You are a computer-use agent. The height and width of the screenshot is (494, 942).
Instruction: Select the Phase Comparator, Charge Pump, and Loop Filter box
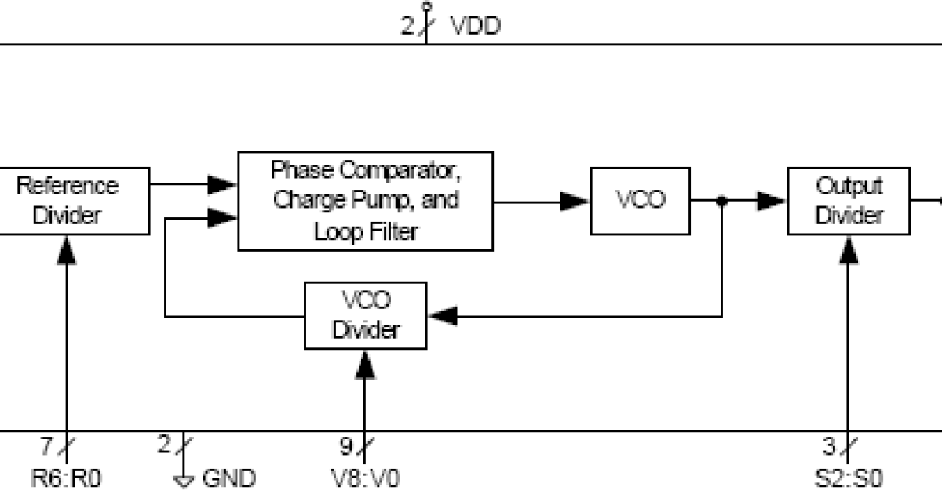[x=365, y=201]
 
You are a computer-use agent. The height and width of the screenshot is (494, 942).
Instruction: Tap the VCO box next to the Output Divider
[x=640, y=201]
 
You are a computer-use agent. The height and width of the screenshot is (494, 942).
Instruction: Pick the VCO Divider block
[x=365, y=315]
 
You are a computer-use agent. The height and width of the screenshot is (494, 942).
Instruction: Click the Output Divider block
[x=849, y=201]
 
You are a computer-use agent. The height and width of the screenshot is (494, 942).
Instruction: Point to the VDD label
[x=475, y=26]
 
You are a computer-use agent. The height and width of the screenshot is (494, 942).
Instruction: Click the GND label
[x=229, y=478]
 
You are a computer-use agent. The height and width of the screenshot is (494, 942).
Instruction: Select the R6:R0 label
[x=67, y=478]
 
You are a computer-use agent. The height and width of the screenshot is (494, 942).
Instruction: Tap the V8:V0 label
[x=365, y=478]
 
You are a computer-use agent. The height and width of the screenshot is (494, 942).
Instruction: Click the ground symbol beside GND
[x=184, y=480]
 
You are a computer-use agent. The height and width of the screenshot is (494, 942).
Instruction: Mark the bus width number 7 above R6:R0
[x=47, y=447]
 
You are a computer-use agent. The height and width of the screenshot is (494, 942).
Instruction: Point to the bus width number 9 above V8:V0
[x=346, y=447]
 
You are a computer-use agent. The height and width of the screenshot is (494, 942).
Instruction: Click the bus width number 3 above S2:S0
[x=829, y=447]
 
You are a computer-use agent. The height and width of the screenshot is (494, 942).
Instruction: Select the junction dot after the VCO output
[x=722, y=202]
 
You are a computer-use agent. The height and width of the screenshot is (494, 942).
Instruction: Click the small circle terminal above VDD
[x=426, y=7]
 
